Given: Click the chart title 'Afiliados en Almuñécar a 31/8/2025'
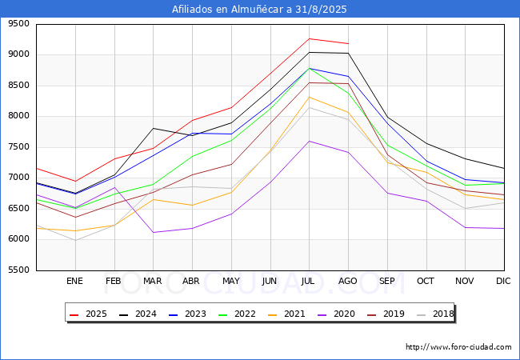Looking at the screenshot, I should pyautogui.click(x=260, y=10).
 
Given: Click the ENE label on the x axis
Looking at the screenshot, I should pyautogui.click(x=74, y=281).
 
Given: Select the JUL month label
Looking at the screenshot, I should pyautogui.click(x=309, y=281).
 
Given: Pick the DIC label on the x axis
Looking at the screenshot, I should pyautogui.click(x=503, y=281).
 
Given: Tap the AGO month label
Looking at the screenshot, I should pyautogui.click(x=348, y=281).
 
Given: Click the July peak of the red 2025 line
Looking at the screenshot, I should pyautogui.click(x=309, y=38).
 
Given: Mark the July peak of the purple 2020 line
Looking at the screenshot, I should pyautogui.click(x=309, y=141).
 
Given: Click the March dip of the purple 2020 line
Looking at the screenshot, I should pyautogui.click(x=153, y=233).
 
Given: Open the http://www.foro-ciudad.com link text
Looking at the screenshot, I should pyautogui.click(x=458, y=347).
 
